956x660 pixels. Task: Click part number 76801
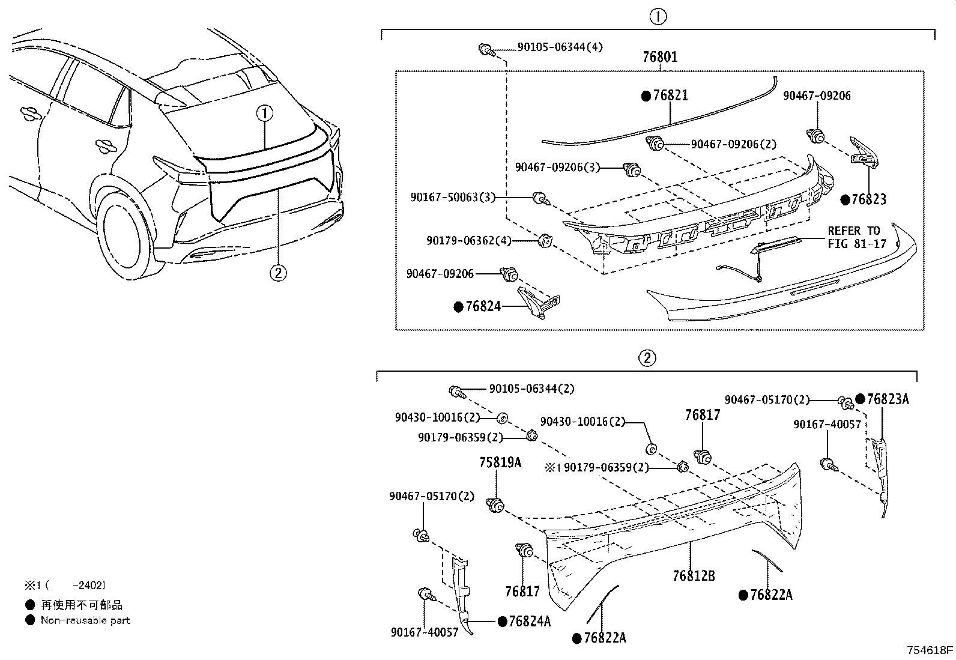point(660,58)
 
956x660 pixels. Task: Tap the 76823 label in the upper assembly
point(868,199)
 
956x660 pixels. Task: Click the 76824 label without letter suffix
point(483,307)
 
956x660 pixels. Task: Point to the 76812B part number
point(694,576)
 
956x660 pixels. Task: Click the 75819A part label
point(500,462)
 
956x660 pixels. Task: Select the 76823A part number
point(887,399)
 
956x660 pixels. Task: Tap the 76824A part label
point(529,622)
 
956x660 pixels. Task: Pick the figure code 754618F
point(930,650)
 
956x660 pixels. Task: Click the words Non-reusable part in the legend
point(85,620)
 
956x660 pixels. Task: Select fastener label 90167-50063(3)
point(453,197)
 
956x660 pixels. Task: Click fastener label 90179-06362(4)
point(469,241)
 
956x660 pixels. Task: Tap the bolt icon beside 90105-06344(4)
point(485,49)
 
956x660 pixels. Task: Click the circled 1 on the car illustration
point(265,112)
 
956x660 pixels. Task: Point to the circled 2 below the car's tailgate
point(277,273)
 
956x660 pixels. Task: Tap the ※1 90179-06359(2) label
point(597,467)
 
